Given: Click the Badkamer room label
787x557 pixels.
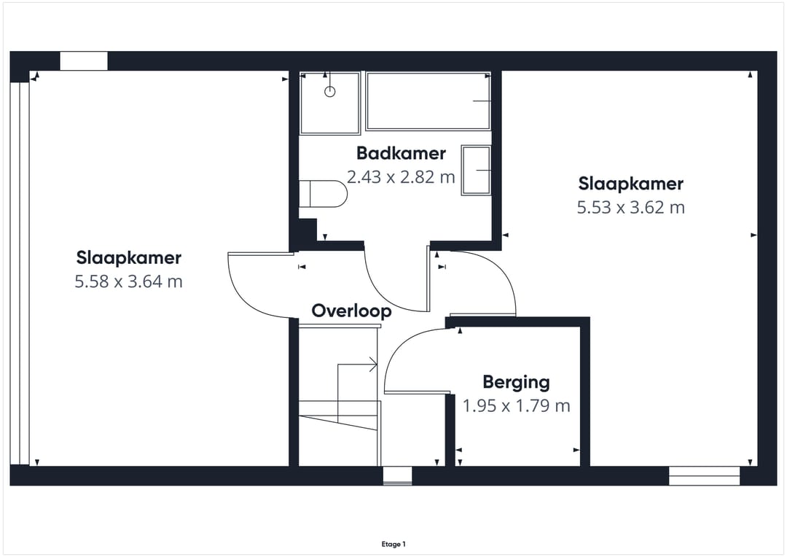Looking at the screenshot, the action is click(401, 153).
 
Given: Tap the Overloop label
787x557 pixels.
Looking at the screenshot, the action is click(351, 311).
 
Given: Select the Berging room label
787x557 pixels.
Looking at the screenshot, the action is click(517, 383).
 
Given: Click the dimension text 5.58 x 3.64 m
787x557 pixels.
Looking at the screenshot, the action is click(128, 281).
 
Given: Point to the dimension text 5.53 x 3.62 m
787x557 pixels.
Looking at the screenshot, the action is click(631, 208).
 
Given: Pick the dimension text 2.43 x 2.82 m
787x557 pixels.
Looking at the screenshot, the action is click(401, 176).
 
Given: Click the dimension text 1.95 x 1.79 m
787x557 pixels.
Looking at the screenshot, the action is click(517, 406).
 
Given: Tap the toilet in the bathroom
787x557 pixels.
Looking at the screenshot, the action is click(324, 193).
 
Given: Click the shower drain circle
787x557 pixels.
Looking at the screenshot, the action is click(330, 91).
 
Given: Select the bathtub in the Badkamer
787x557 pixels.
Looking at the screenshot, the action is click(428, 101).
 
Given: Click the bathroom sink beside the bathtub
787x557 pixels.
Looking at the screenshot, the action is click(476, 170).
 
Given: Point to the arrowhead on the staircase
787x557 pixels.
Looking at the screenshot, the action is click(373, 365).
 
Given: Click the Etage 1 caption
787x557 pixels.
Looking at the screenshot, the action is click(393, 544).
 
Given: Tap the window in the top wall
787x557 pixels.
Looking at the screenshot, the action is click(84, 61).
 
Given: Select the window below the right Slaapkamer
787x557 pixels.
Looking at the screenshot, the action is click(704, 475).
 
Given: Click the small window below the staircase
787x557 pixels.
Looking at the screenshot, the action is click(398, 475).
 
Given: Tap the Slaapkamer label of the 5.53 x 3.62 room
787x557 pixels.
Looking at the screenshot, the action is click(631, 184).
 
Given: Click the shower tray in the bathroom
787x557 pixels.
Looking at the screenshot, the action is click(330, 103).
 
